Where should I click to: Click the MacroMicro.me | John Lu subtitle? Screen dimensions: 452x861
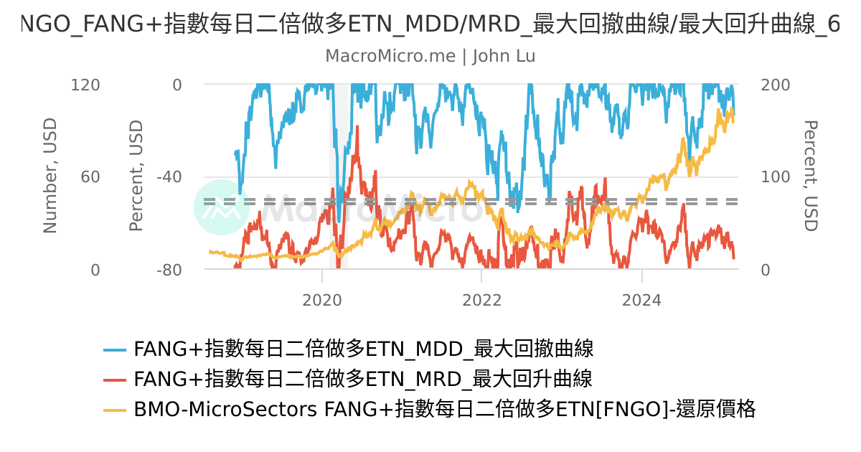coord(430,56)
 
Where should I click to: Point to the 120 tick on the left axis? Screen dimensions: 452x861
coord(85,85)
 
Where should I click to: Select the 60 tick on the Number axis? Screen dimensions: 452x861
coord(90,177)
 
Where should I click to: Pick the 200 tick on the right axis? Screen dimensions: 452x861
coord(775,85)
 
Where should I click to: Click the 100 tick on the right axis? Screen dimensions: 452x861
coord(775,177)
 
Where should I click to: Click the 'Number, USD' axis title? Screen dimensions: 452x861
coord(50,176)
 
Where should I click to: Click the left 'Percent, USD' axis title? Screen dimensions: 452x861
coord(136,176)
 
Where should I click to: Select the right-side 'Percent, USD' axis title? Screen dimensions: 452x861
coord(810,176)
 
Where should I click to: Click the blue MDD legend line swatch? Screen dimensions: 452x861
coord(115,349)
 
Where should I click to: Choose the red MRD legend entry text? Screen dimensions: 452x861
coord(363,379)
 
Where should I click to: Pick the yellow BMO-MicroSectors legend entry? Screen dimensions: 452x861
coord(444,409)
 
